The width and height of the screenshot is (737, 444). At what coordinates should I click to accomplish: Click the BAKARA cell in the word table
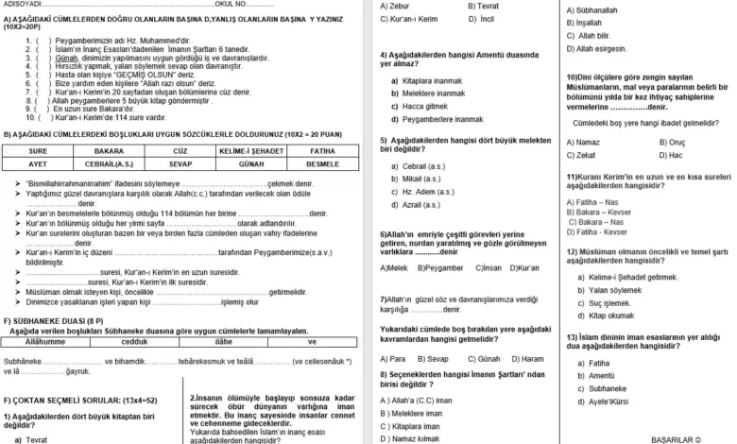[109, 150]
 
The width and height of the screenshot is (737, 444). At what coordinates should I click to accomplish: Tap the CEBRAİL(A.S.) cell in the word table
[109, 162]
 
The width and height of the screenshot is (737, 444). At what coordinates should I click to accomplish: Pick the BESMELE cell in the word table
[322, 162]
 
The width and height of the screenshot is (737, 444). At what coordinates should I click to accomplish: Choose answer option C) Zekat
[581, 155]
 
